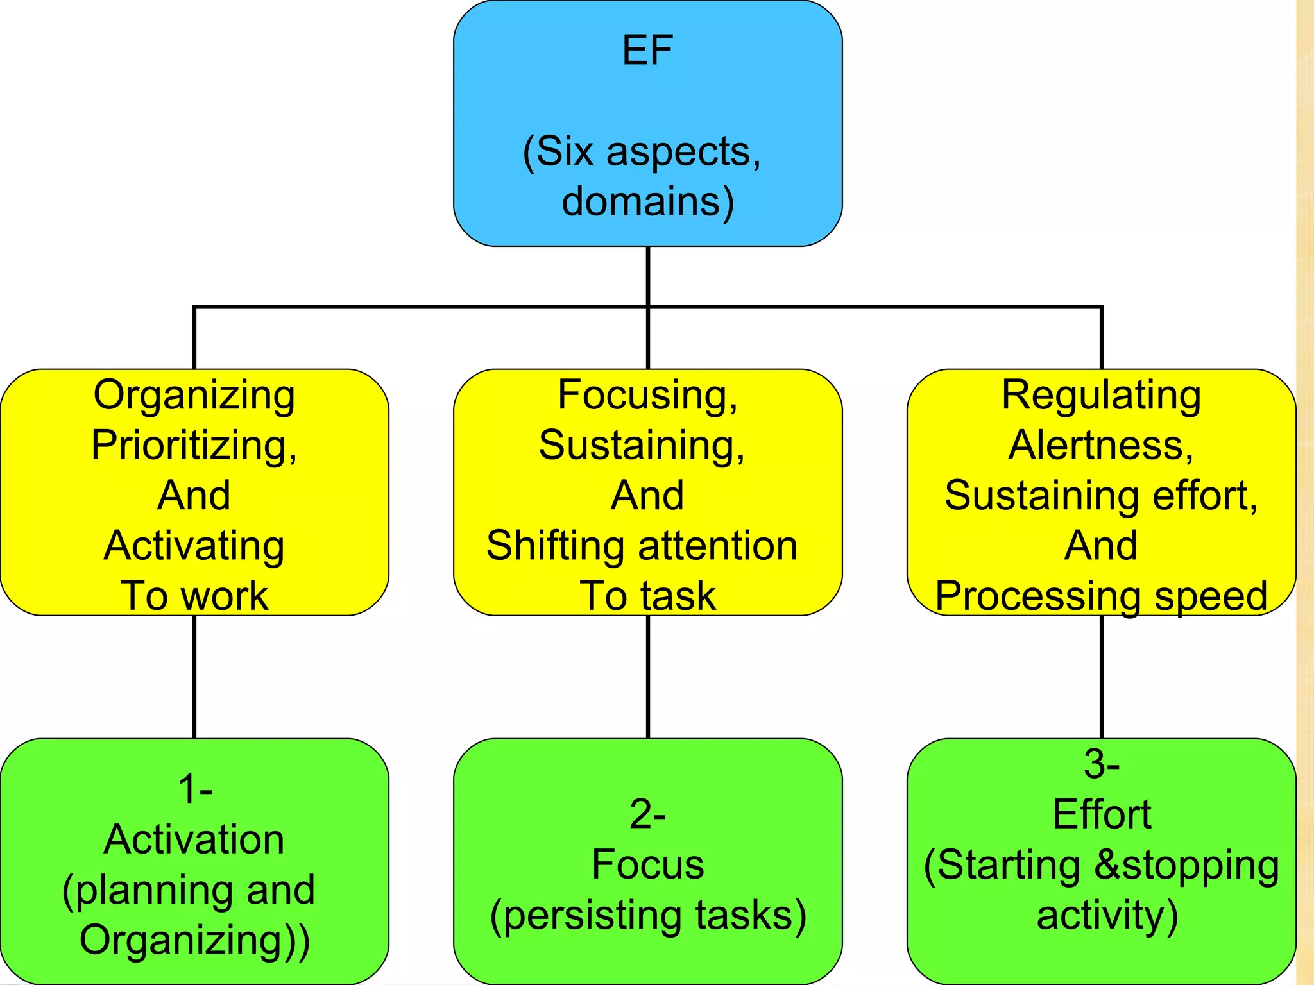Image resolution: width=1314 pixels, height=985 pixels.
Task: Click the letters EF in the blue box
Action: (x=647, y=50)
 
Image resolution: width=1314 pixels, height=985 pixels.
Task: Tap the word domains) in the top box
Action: (x=647, y=201)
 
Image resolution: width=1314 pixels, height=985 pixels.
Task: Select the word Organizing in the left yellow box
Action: (x=194, y=394)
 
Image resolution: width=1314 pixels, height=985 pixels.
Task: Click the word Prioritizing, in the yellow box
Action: (x=194, y=444)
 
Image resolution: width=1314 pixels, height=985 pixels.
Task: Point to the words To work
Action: (x=194, y=596)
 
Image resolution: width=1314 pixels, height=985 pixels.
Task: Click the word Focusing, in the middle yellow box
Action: (x=647, y=394)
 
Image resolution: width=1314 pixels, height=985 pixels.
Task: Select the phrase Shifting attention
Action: (x=642, y=546)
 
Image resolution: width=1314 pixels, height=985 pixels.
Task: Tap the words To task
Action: (x=647, y=596)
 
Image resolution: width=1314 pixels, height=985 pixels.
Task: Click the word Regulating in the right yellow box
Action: (x=1101, y=394)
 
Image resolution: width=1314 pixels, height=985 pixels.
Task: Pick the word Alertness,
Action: (x=1101, y=444)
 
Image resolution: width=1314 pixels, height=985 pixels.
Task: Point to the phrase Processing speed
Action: (x=1101, y=596)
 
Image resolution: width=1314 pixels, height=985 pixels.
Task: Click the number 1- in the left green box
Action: (x=195, y=788)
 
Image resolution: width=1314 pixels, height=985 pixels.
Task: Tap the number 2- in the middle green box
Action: (x=647, y=814)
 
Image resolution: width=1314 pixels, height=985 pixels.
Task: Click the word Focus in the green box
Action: (x=647, y=864)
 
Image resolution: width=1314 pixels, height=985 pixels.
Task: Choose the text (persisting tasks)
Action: (x=647, y=915)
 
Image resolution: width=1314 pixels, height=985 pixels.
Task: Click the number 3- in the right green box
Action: (x=1101, y=764)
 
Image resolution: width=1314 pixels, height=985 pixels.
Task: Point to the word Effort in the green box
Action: (x=1101, y=814)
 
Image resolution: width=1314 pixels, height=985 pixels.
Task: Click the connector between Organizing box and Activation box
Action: (x=194, y=677)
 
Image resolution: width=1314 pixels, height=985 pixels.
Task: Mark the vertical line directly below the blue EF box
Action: (x=648, y=276)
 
